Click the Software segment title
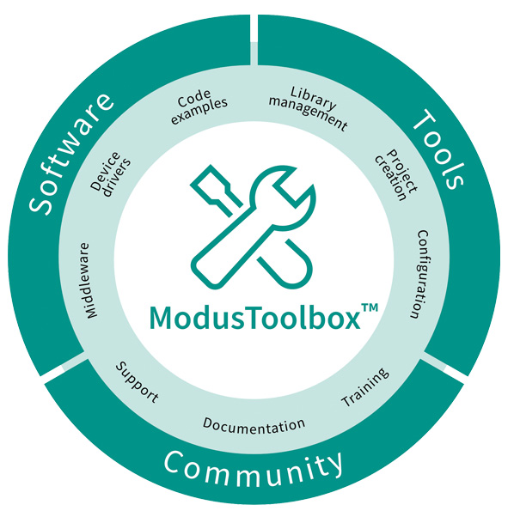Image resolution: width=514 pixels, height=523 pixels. point(71,154)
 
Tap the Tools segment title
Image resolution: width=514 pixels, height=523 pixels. point(439,149)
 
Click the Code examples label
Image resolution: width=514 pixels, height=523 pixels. point(199,106)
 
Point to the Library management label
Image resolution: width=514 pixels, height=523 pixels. point(309,108)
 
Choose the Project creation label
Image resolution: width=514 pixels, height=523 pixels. point(396,175)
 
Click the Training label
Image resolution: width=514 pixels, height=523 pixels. point(365,387)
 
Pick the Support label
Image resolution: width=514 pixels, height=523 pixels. point(137,382)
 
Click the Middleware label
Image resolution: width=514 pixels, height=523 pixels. point(89,281)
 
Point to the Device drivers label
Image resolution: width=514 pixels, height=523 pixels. point(111,174)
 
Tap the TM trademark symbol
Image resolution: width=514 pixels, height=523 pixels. point(370,307)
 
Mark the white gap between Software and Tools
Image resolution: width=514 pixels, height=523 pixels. point(254,40)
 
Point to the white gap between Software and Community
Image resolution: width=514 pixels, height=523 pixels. point(64,366)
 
